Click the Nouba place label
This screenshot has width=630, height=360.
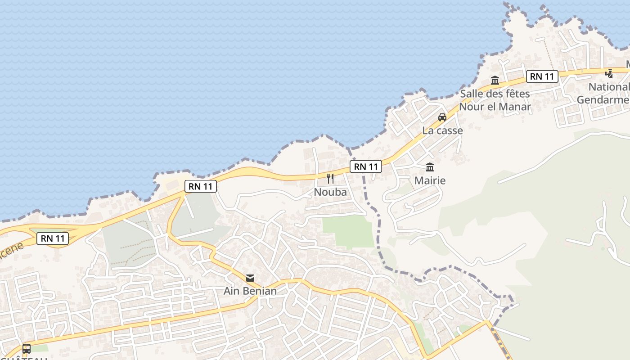[x=330, y=192]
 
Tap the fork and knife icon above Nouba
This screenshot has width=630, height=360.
[x=330, y=179]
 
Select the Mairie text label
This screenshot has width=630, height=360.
[x=430, y=180]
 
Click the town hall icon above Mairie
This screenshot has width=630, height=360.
[x=430, y=167]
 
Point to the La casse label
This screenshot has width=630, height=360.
[x=442, y=130]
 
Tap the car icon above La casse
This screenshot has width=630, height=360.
[x=442, y=117]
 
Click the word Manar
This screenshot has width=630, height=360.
[x=514, y=107]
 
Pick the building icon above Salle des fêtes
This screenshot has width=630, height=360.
[x=495, y=81]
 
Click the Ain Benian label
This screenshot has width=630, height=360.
[x=250, y=291]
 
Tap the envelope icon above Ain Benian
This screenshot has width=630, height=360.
[x=250, y=278]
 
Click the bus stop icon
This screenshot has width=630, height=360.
[x=27, y=348]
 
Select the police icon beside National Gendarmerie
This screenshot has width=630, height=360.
[x=609, y=73]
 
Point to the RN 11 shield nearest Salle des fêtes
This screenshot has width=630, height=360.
[x=542, y=76]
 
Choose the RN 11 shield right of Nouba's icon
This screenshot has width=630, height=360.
[x=366, y=167]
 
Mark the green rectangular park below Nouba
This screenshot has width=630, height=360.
[x=348, y=231]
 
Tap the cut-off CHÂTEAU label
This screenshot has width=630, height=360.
[x=25, y=358]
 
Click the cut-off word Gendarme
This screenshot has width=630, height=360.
[x=603, y=99]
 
